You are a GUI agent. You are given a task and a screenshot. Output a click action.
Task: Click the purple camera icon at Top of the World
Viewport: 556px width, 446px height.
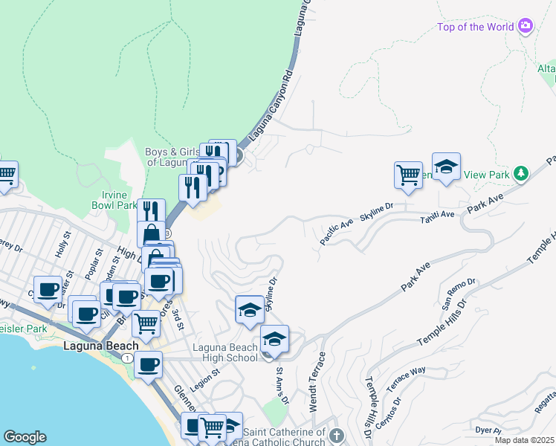coord(526,27)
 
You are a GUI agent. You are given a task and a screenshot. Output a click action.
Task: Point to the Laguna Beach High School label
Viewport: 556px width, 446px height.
coord(225,352)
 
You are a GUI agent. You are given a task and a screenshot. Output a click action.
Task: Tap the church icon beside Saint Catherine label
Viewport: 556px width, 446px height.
coord(336,435)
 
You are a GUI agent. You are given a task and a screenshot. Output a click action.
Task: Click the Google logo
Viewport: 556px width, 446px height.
coord(25,437)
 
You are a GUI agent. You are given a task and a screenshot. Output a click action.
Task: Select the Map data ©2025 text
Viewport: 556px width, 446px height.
coord(525,440)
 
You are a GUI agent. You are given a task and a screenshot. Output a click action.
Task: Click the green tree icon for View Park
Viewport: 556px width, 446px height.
coord(522,174)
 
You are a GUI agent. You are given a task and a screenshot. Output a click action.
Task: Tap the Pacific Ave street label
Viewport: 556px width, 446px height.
coord(337,230)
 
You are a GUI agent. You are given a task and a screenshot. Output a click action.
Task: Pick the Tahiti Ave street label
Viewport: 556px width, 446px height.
coord(437,215)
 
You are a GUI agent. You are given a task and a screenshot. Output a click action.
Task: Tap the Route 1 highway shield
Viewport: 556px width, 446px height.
coord(129,358)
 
